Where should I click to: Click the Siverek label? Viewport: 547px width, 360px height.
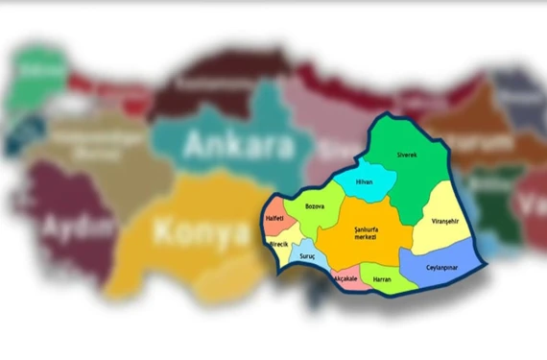(408, 154)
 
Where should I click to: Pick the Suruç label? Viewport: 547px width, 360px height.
(307, 258)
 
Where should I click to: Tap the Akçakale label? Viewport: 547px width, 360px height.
(345, 278)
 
